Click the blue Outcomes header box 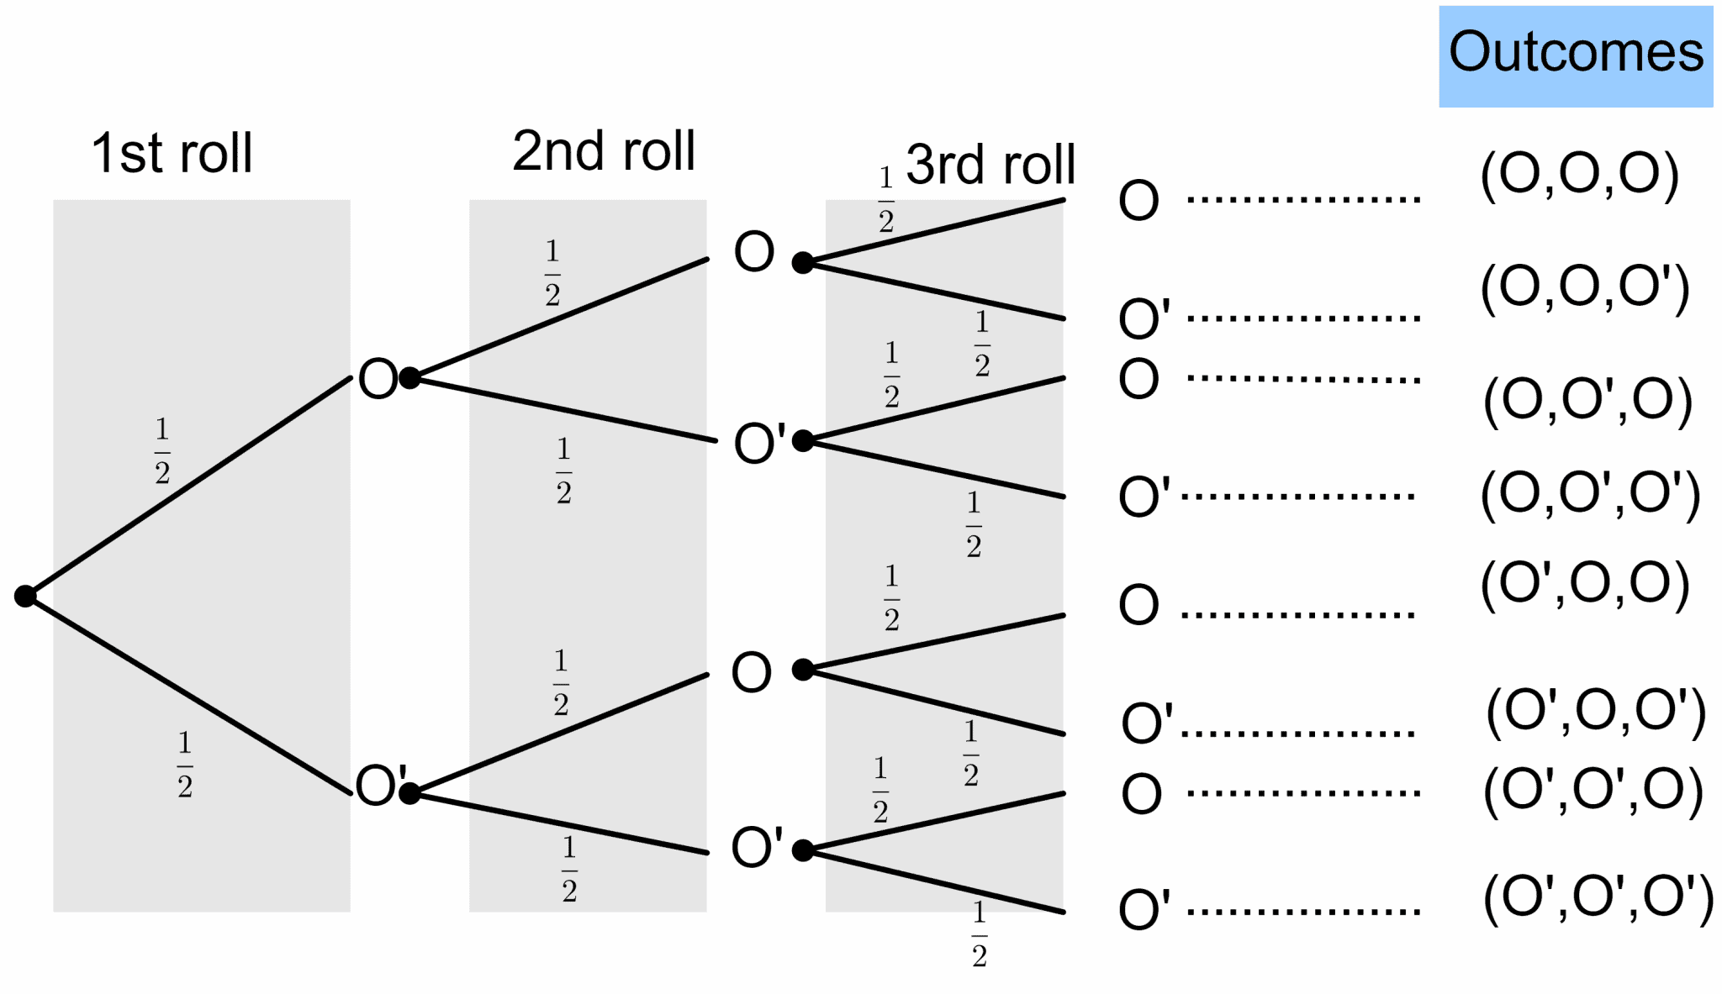[1575, 56]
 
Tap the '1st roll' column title [172, 153]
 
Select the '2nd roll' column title [603, 151]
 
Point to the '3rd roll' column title [990, 164]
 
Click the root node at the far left [25, 596]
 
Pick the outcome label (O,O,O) [1579, 174]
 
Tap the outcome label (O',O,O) [1584, 582]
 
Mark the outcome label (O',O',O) [1593, 790]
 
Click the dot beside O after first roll [409, 378]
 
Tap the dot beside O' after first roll [409, 792]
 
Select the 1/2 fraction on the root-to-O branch [162, 450]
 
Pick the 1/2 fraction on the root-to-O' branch [185, 764]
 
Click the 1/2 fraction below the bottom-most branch [979, 934]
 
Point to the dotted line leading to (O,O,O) [1303, 200]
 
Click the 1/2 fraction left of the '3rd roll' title [885, 199]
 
